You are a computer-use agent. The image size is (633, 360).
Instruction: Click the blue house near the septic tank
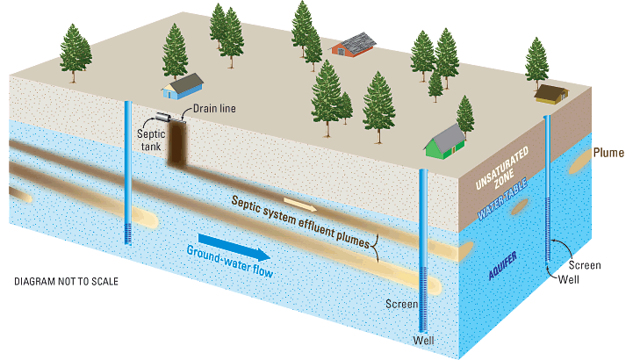coord(184,86)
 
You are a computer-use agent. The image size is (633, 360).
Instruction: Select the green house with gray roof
coord(446,141)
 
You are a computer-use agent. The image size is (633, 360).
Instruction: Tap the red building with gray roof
coord(353,46)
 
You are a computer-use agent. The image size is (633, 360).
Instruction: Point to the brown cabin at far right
coord(551,92)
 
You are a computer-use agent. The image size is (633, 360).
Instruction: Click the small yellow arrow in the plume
coord(300,204)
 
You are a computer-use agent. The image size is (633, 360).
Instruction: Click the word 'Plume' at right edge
coord(608,153)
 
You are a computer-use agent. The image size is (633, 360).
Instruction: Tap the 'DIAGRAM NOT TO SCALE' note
coord(67,283)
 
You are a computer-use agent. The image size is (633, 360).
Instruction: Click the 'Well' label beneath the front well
coord(424,340)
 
